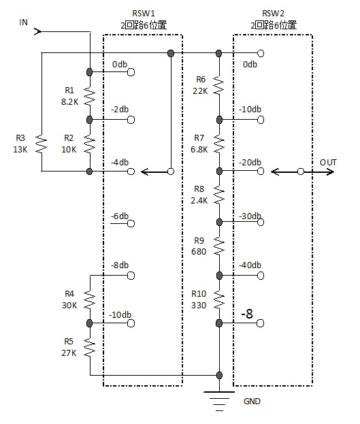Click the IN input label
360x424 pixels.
point(24,22)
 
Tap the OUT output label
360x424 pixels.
point(328,163)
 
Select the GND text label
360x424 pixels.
point(252,401)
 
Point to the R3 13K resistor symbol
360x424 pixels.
point(42,144)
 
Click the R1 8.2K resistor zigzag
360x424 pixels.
point(90,96)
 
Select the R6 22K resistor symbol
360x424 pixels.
point(219,85)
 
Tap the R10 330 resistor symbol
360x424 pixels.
point(219,299)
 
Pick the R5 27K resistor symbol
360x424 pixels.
point(90,347)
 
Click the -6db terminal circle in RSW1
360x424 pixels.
point(131,224)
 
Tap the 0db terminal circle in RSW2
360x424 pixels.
point(261,53)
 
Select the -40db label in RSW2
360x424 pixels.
point(250,265)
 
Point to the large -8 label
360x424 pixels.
point(247,314)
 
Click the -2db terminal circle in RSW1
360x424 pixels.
point(131,120)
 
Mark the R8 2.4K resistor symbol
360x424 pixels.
point(219,195)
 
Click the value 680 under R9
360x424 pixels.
point(199,252)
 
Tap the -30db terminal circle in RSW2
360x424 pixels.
point(261,222)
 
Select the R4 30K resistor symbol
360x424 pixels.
point(90,299)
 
